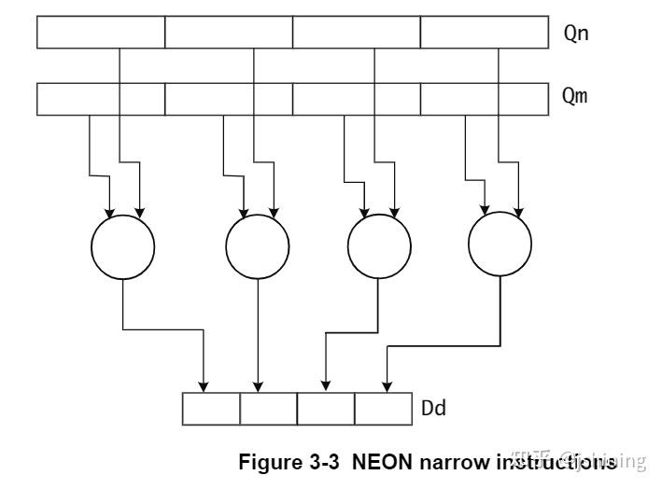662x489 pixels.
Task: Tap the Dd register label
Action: pos(434,408)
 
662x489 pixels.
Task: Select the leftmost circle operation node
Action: pos(122,246)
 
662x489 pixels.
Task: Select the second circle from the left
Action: pos(258,246)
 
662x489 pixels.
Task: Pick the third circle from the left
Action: pos(379,246)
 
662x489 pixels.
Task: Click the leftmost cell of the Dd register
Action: pos(211,408)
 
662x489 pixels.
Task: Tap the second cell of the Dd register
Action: pos(269,408)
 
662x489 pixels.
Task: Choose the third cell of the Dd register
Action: pos(326,408)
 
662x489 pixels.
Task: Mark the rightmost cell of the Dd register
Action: pos(383,408)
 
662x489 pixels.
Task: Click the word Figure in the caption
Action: pos(272,461)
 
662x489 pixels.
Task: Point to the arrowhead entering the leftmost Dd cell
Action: pos(204,385)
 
